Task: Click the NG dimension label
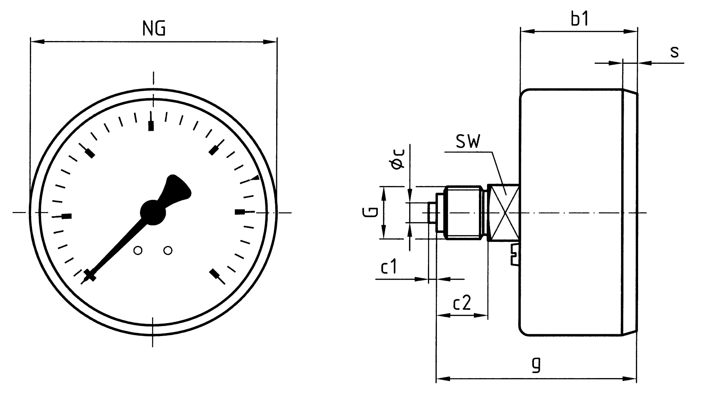(x=154, y=28)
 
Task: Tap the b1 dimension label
(x=580, y=20)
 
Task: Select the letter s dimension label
(x=674, y=52)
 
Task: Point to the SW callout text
(x=468, y=141)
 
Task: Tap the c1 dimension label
(x=389, y=267)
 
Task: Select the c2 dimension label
(x=462, y=303)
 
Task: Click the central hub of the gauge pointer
(x=153, y=212)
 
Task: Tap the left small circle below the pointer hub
(x=138, y=251)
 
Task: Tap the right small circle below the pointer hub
(x=168, y=251)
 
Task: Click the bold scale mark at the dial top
(x=151, y=126)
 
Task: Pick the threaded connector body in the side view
(x=464, y=213)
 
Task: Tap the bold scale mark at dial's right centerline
(x=240, y=212)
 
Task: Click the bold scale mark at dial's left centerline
(x=66, y=216)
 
